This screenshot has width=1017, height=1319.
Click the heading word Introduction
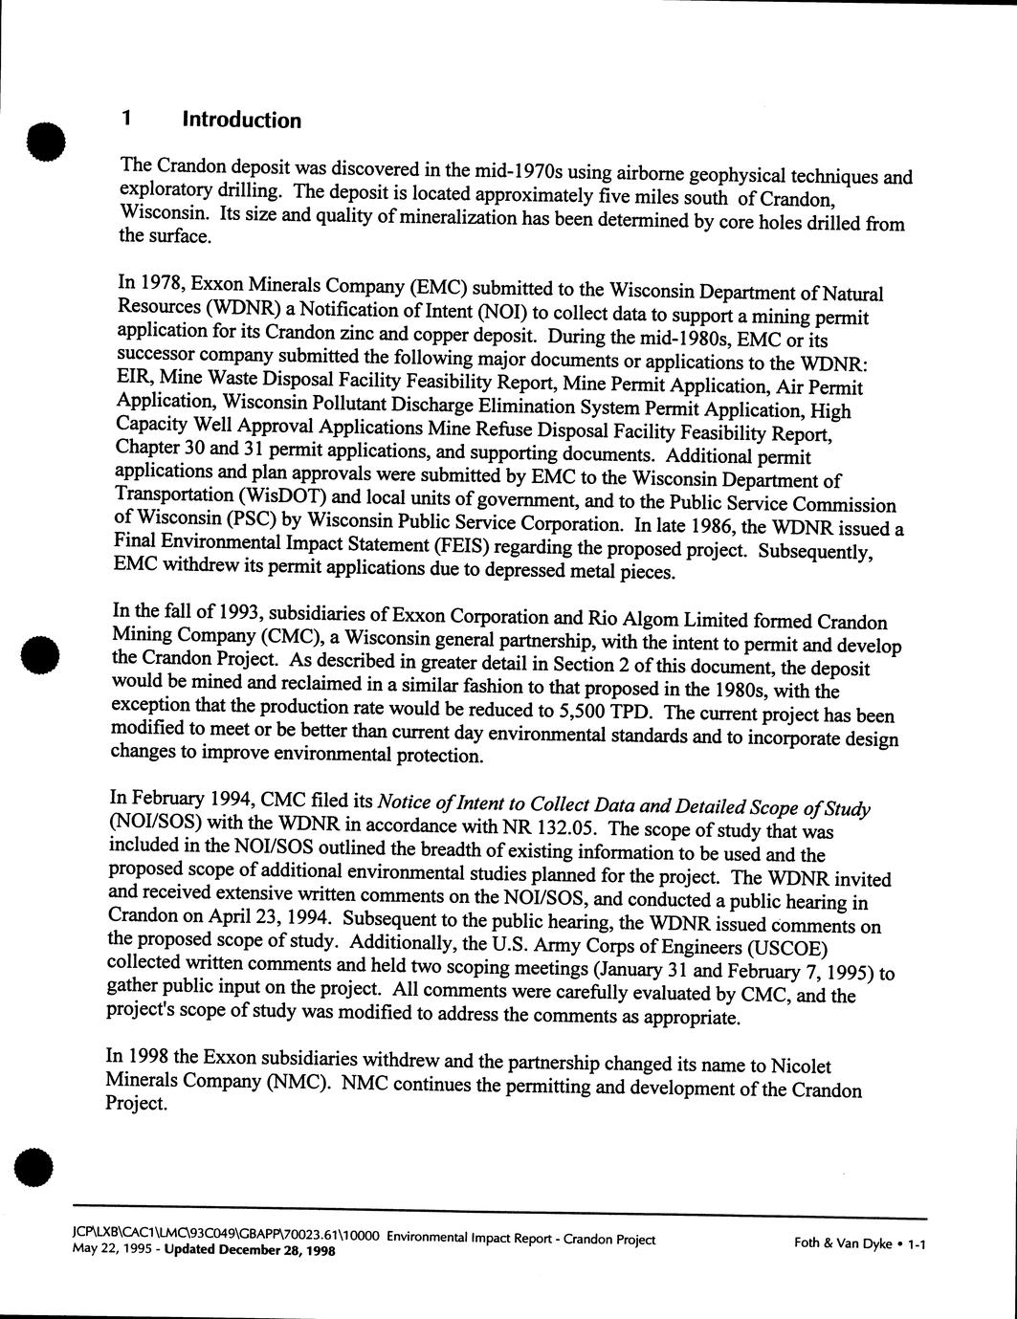click(241, 121)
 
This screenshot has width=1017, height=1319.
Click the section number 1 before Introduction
click(125, 120)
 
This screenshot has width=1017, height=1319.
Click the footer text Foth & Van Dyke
click(843, 1243)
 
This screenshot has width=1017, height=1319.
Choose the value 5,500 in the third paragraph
click(583, 711)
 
